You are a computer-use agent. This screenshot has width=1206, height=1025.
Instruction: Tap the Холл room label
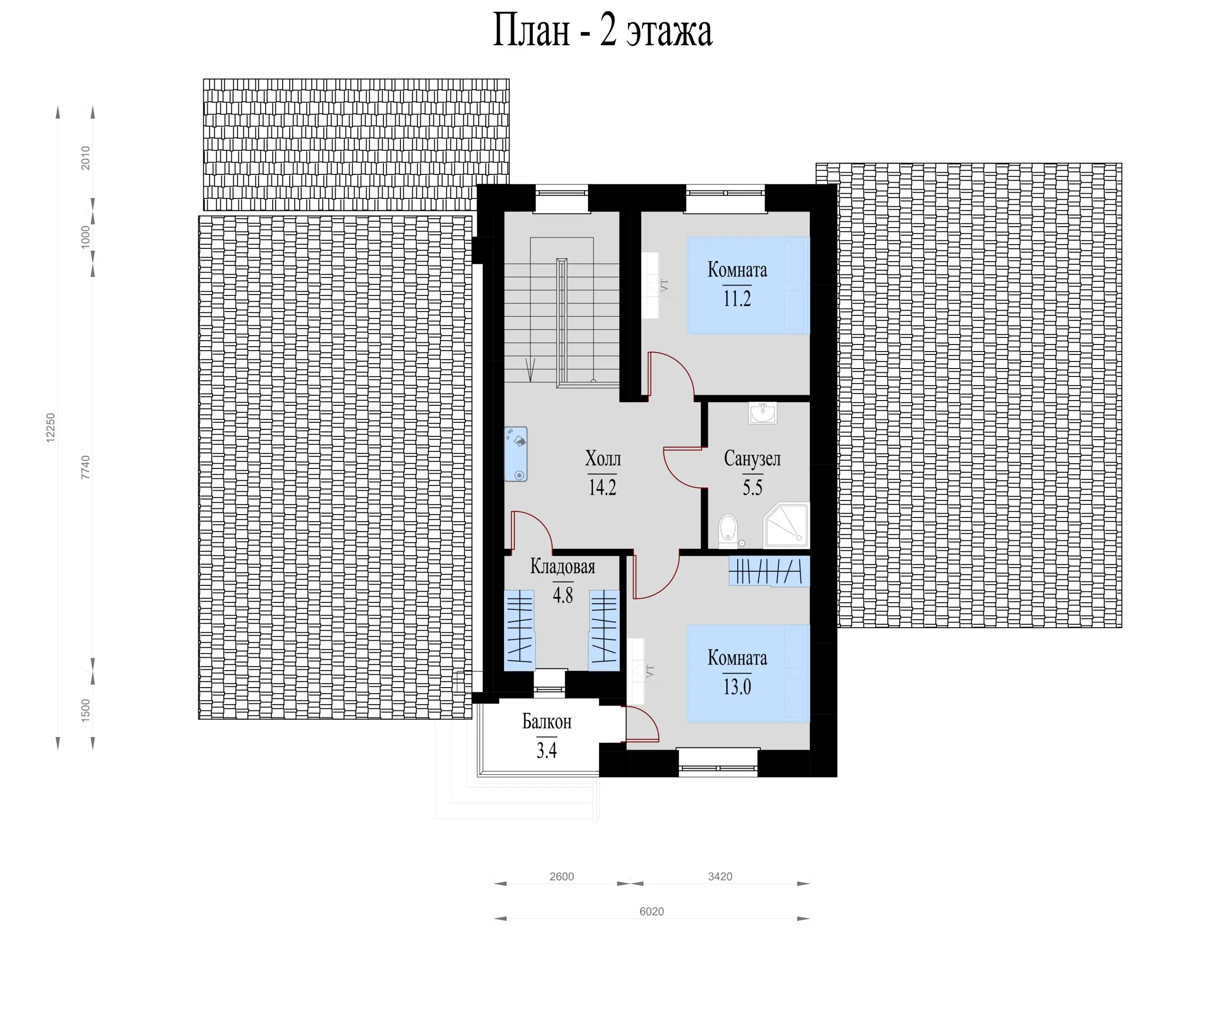point(603,459)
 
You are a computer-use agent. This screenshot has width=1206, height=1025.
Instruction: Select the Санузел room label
point(752,459)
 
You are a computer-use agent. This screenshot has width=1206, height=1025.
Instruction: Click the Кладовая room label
point(562,566)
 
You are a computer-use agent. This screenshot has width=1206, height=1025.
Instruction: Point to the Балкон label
point(546,722)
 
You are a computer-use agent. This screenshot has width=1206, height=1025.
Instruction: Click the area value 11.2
point(737,299)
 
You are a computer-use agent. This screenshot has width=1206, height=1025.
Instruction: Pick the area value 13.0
point(737,687)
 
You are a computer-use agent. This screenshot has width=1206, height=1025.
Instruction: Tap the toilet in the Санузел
point(727,531)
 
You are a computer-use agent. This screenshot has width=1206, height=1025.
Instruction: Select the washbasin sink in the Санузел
point(762,413)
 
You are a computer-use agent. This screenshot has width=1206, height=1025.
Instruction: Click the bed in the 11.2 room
point(748,285)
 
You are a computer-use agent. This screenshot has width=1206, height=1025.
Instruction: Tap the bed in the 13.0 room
point(748,673)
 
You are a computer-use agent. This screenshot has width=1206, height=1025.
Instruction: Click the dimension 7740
point(85,467)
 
